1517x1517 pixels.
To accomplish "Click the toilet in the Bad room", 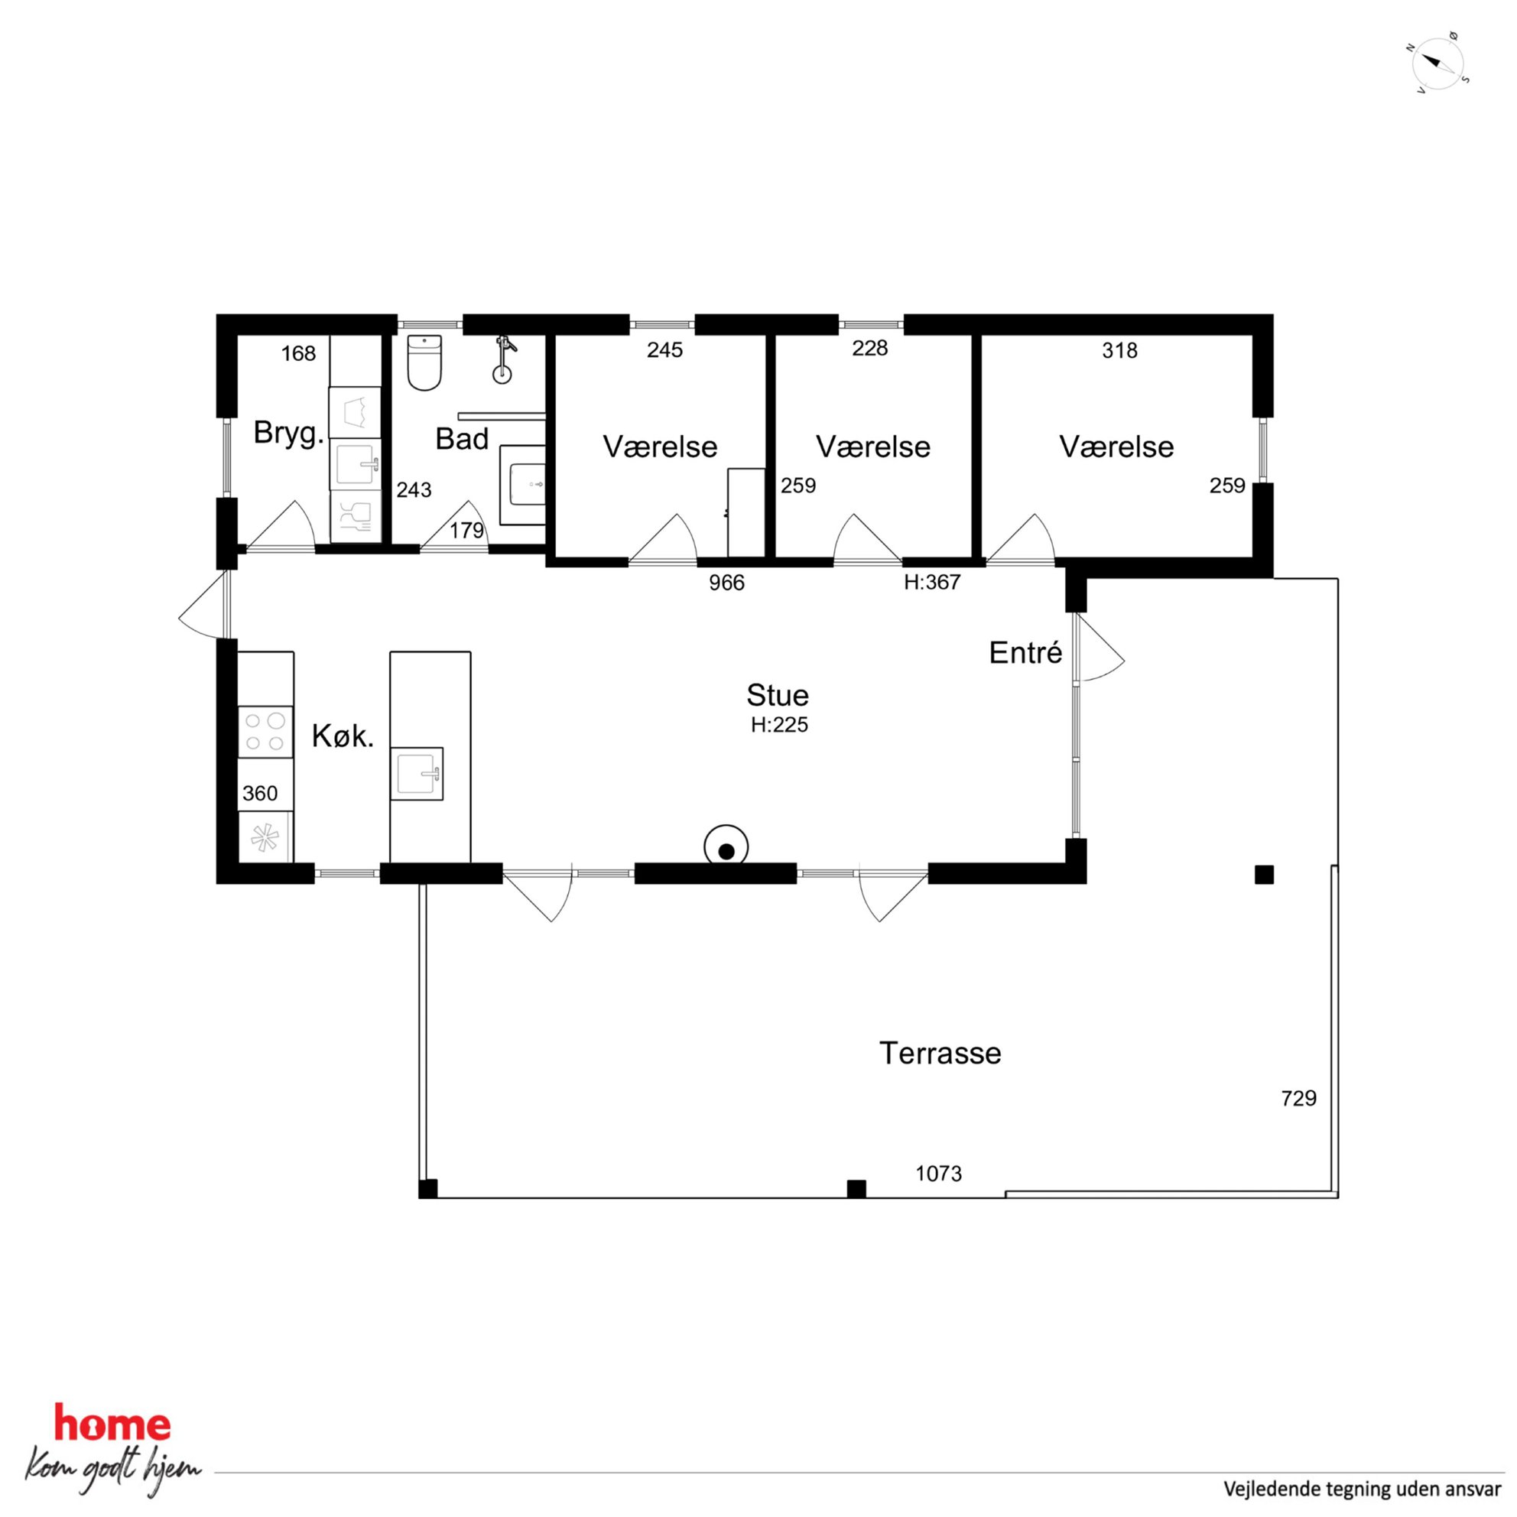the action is (425, 362).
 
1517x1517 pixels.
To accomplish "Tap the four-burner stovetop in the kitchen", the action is (265, 732).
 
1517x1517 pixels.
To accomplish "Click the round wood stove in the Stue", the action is (726, 847).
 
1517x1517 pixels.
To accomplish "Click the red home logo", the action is (112, 1424).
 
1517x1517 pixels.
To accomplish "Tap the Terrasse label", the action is (940, 1053).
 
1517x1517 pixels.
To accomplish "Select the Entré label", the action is (1025, 652).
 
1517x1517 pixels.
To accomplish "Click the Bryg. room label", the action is (289, 434).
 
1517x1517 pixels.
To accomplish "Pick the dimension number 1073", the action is (938, 1173).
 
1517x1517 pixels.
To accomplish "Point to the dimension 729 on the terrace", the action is (1299, 1098).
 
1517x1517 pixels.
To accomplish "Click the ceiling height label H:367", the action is (932, 582).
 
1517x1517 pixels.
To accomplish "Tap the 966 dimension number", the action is (726, 583).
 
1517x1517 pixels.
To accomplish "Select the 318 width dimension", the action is (1119, 350).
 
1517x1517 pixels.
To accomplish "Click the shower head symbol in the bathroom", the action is (503, 360).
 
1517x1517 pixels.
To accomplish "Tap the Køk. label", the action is (343, 736).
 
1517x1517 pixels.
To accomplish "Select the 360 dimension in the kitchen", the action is (260, 793).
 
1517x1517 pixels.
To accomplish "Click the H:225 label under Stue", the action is (779, 725).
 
